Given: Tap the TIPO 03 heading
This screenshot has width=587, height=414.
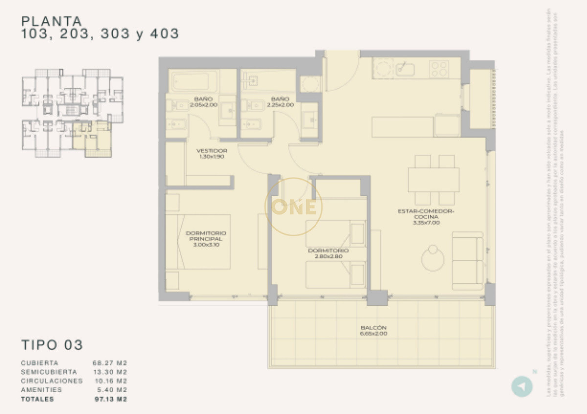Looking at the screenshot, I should coord(52,345).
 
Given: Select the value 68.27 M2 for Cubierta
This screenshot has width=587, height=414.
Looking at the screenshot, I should coord(110,363).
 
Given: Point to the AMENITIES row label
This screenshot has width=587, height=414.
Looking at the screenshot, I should coord(42,390).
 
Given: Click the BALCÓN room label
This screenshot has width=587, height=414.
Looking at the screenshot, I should coord(374,328).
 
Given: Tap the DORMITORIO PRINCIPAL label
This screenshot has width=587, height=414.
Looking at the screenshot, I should coord(206,239).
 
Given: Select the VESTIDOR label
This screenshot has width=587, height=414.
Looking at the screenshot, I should coord(211,151).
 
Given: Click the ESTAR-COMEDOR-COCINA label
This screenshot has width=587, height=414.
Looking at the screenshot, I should coord(427,215).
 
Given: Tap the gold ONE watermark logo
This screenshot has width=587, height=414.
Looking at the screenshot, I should coord(293,207).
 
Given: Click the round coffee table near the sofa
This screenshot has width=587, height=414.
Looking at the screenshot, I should coord(433,257).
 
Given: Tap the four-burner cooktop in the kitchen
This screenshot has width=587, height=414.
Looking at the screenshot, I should coord(440,68).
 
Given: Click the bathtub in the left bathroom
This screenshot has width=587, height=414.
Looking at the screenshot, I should coord(194,81).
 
